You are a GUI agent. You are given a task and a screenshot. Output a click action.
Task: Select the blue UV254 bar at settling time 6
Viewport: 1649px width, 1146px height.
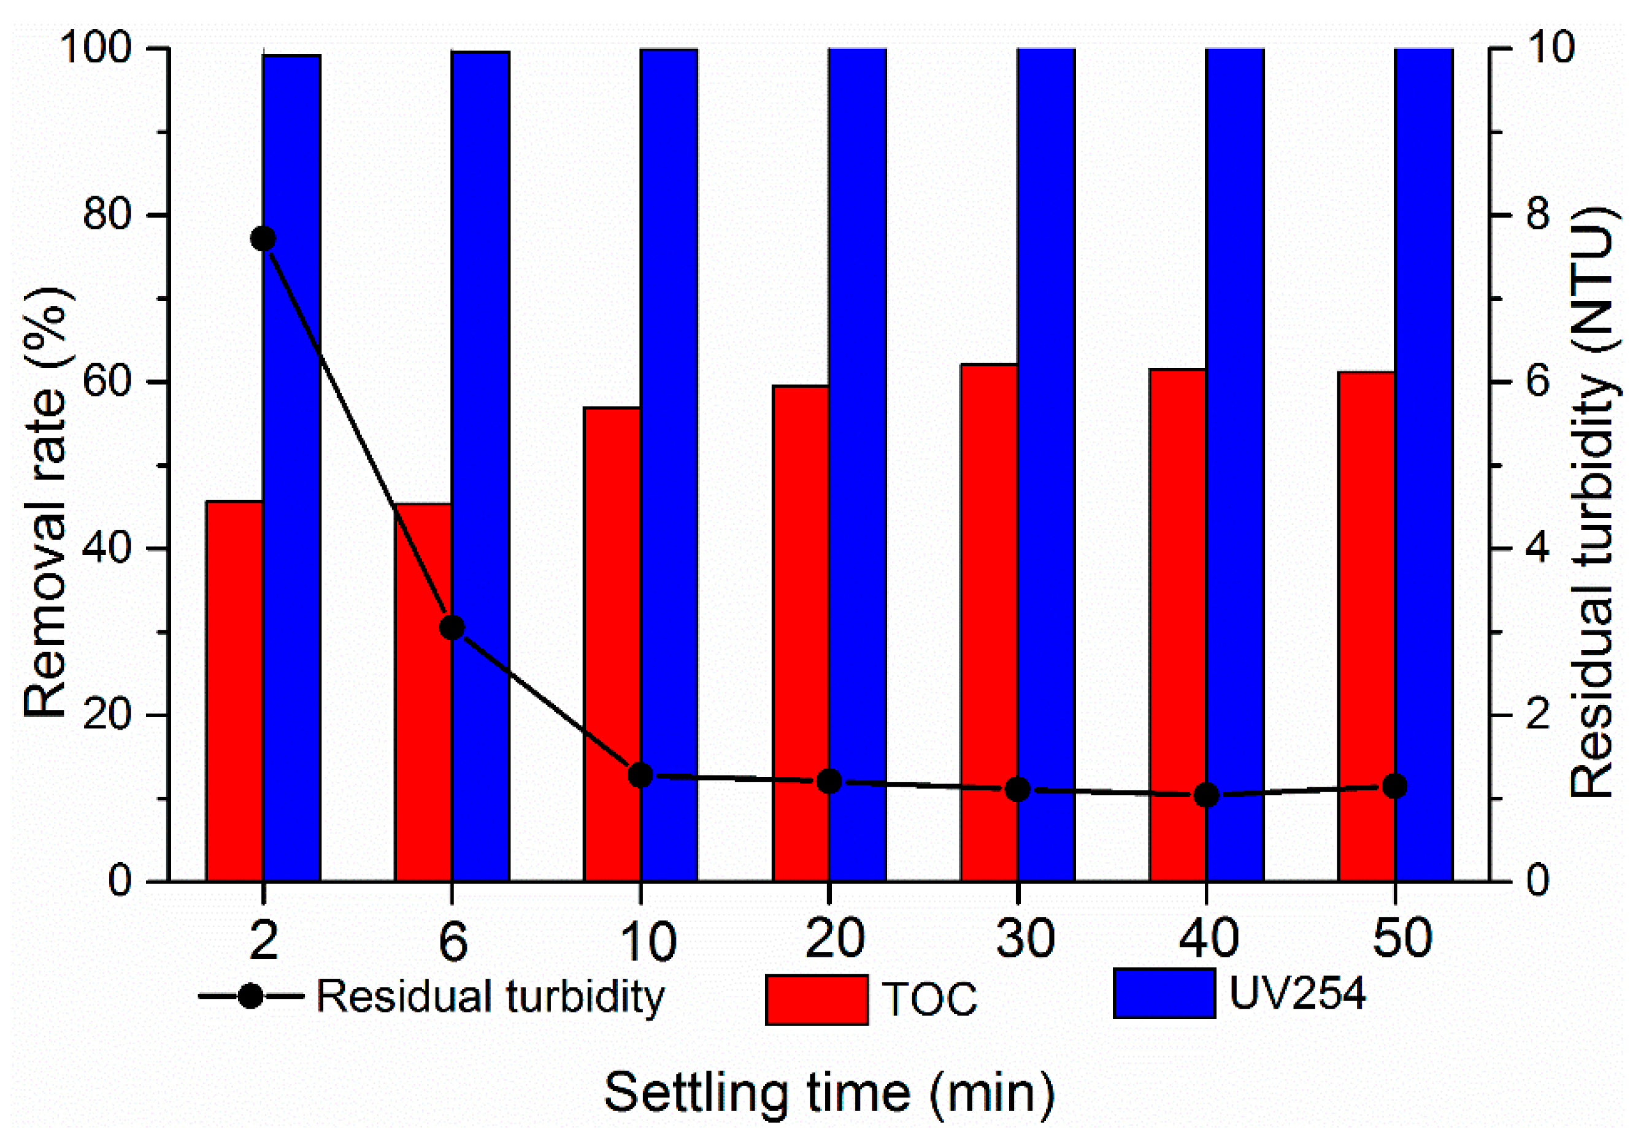(x=480, y=467)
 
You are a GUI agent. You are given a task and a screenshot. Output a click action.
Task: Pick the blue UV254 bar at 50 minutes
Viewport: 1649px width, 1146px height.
(x=1423, y=467)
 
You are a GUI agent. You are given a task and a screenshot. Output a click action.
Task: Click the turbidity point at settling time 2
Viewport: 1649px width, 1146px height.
(x=264, y=239)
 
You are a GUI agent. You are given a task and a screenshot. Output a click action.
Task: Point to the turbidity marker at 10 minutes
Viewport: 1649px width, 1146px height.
(x=640, y=776)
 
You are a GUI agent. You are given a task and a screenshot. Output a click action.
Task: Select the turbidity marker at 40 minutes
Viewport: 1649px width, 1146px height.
(x=1207, y=795)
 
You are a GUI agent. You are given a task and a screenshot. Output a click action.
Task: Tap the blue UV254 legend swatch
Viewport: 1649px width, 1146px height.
(x=1164, y=993)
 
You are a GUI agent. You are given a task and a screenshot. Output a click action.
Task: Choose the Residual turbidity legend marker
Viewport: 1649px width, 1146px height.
(x=251, y=996)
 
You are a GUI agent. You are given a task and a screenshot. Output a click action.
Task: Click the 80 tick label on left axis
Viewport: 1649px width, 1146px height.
(x=108, y=215)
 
